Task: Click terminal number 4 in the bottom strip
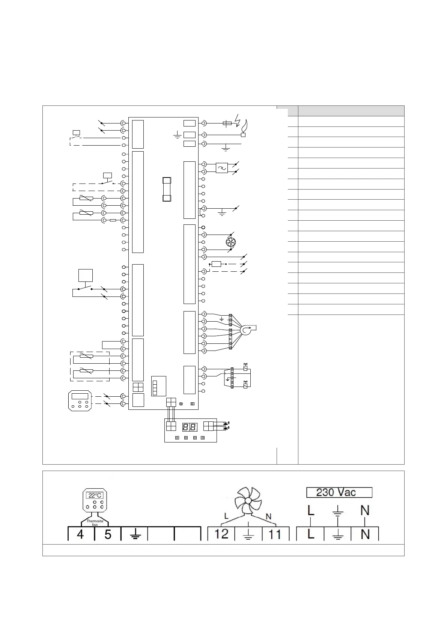(x=80, y=534)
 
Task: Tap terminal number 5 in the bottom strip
(x=108, y=534)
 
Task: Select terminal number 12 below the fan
(x=221, y=534)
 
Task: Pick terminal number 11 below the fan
(x=275, y=534)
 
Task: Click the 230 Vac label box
(x=339, y=492)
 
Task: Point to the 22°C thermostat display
(x=94, y=495)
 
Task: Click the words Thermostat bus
(x=95, y=523)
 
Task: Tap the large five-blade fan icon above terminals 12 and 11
(x=248, y=501)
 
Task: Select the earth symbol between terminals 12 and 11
(x=248, y=534)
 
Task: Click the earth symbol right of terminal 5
(x=135, y=534)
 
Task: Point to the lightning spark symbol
(x=237, y=119)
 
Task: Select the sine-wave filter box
(x=222, y=168)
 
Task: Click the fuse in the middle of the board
(x=167, y=189)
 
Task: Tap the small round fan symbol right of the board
(x=230, y=242)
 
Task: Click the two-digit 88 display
(x=190, y=427)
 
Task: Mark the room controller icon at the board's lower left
(x=80, y=400)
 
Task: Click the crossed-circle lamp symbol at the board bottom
(x=181, y=404)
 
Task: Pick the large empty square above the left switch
(x=85, y=275)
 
